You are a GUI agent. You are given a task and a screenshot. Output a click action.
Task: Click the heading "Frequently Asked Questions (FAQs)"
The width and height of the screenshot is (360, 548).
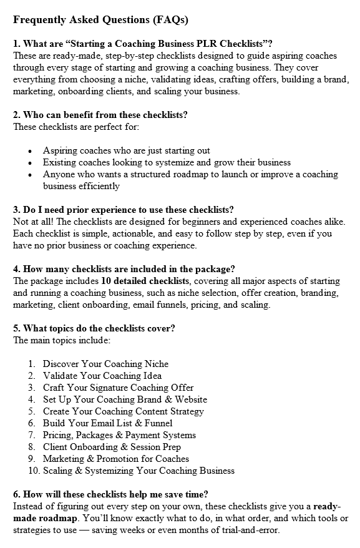click(100, 19)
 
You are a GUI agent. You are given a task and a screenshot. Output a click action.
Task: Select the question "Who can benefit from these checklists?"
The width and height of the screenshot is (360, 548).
click(100, 115)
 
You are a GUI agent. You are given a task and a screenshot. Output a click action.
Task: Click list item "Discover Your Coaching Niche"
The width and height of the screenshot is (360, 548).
click(105, 364)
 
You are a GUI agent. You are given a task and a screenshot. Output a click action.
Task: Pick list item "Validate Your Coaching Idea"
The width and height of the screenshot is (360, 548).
click(102, 376)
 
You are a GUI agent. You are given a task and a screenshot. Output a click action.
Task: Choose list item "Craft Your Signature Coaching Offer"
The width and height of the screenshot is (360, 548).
click(119, 388)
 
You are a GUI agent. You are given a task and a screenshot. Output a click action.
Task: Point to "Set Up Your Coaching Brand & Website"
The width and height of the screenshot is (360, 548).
click(125, 399)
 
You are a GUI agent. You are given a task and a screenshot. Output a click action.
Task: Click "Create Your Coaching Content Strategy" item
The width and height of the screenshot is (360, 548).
click(124, 411)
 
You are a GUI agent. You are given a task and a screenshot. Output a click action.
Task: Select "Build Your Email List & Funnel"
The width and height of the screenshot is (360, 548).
click(108, 423)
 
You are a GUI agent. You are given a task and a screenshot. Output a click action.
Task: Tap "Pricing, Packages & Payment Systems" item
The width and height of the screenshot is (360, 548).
click(119, 435)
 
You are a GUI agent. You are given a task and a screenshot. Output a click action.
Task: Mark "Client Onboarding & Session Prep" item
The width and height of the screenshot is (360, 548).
click(112, 447)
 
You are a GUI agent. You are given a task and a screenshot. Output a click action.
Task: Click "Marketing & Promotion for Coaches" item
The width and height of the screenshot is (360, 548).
click(116, 459)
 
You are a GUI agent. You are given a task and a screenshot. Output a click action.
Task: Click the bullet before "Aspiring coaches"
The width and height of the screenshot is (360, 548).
click(30, 151)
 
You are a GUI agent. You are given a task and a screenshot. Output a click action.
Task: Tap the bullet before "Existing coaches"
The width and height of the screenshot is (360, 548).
click(30, 163)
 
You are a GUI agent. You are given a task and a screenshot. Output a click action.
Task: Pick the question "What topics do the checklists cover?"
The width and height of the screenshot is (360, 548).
click(94, 328)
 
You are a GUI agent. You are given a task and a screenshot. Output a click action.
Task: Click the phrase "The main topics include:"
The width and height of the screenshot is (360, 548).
click(62, 340)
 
